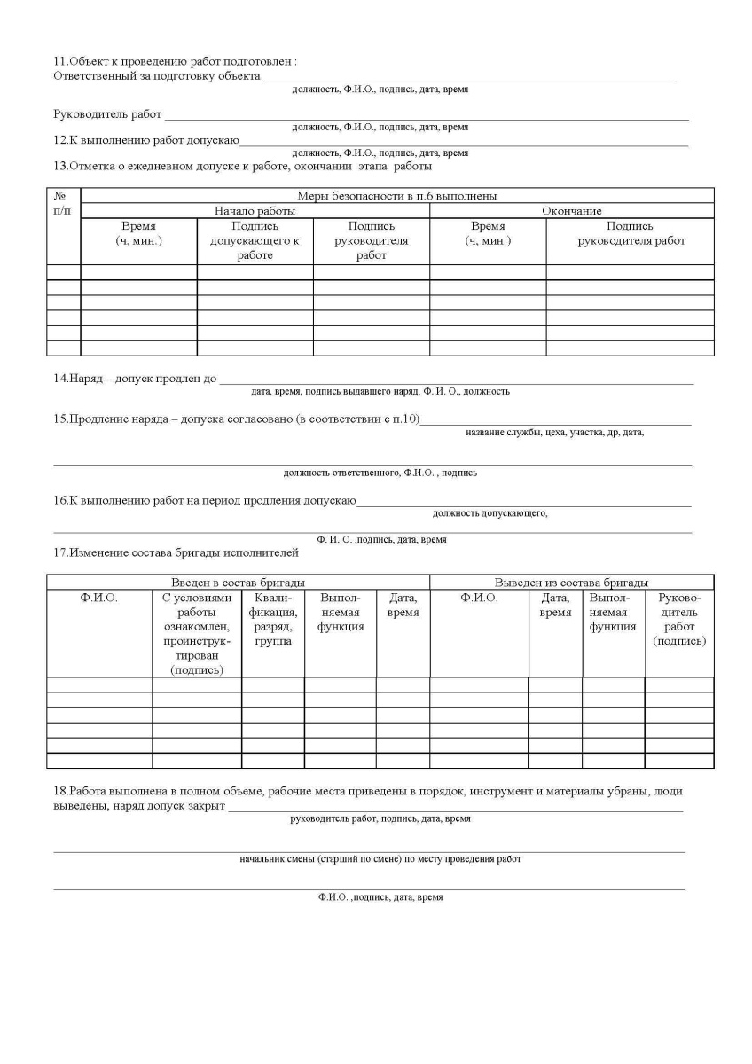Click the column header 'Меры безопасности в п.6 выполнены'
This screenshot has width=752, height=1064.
[396, 196]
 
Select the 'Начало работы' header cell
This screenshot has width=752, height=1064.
[255, 211]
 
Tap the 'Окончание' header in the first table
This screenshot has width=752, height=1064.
[571, 211]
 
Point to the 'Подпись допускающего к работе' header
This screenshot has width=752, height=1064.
[255, 241]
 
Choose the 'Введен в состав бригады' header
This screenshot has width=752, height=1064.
[238, 583]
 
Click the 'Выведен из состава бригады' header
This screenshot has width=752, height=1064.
[571, 583]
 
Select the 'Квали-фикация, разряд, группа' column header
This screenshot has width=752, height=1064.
[273, 620]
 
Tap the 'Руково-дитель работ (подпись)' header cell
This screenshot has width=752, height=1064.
[679, 620]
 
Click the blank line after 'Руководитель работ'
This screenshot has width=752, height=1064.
[426, 116]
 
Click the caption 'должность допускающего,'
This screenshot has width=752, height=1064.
[490, 513]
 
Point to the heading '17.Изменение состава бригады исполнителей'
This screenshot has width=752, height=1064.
[176, 553]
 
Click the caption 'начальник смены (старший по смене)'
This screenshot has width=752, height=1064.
[380, 860]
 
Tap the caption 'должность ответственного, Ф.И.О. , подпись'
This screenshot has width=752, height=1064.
[380, 473]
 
